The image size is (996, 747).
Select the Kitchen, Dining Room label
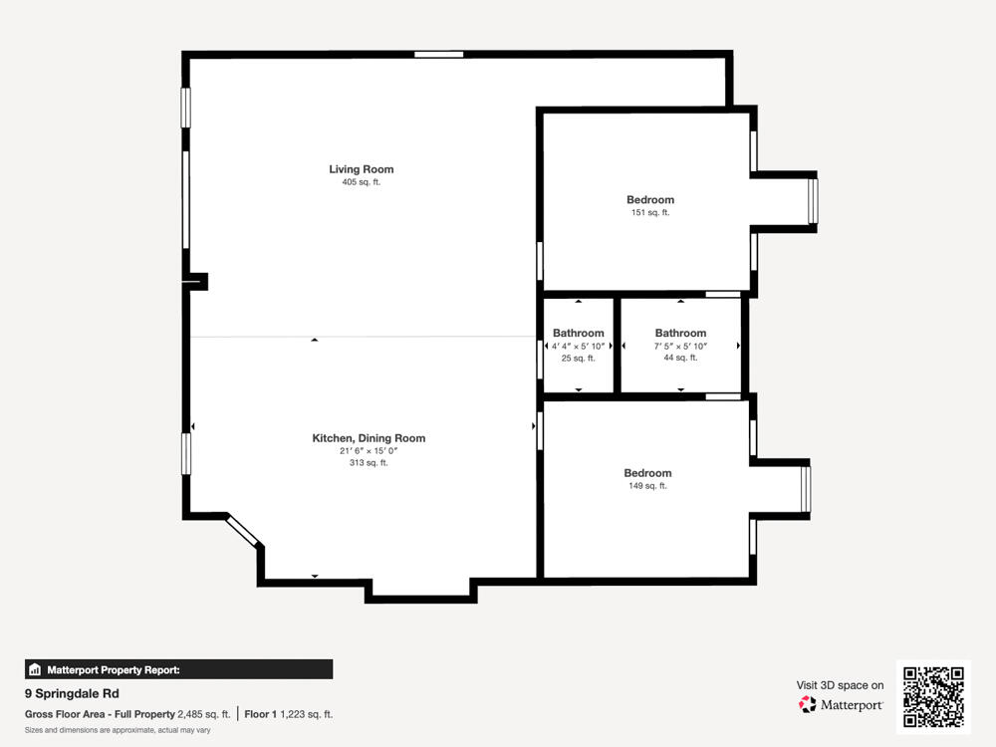click(x=369, y=438)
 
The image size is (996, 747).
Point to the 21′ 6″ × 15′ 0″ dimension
click(x=369, y=451)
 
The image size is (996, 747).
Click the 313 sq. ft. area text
click(x=369, y=463)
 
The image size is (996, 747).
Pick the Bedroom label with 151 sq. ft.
click(x=650, y=200)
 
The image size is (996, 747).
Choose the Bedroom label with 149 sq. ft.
click(x=647, y=473)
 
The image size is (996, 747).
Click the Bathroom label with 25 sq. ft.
click(x=579, y=333)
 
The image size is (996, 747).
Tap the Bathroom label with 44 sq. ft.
click(x=680, y=333)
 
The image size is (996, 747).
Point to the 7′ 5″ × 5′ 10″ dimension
click(x=680, y=346)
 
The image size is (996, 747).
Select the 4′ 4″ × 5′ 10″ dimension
click(x=579, y=346)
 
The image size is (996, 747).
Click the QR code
click(x=933, y=697)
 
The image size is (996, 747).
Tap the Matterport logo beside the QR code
click(x=842, y=704)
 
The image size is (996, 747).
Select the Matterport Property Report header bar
click(x=179, y=670)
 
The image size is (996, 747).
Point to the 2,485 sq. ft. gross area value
click(x=203, y=714)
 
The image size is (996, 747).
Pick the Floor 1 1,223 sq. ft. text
click(x=289, y=714)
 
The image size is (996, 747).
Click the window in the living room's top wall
click(x=439, y=54)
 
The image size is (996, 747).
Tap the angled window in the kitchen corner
click(x=244, y=531)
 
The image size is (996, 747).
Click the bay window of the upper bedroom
click(x=813, y=202)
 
